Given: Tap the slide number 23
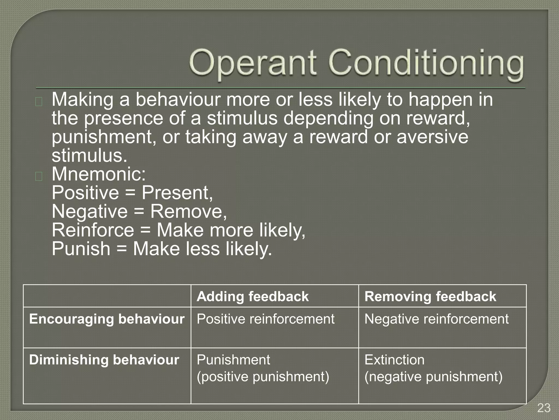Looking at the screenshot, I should pos(544,408).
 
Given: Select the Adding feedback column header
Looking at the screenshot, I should pos(252,296).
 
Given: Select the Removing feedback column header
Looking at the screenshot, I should pos(430,296).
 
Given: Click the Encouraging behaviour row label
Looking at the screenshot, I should pos(107,319).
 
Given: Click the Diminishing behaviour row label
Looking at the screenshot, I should pos(104,360).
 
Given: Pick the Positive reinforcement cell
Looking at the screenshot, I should pos(265,319).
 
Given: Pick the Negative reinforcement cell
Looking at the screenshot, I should pos(436,319).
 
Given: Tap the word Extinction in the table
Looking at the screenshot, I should pos(394,360).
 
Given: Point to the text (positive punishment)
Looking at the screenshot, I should pos(263,377).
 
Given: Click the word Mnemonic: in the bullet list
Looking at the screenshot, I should pos(99,174).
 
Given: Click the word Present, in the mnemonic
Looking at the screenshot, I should pos(177,193).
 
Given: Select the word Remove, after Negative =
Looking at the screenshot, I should pos(188,211).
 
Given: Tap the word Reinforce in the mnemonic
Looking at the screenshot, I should pos(93,230).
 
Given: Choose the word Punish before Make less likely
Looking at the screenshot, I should pos(81,249).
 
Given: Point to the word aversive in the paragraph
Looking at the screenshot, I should pos(432,137).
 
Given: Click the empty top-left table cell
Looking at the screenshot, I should pos(107,296).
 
